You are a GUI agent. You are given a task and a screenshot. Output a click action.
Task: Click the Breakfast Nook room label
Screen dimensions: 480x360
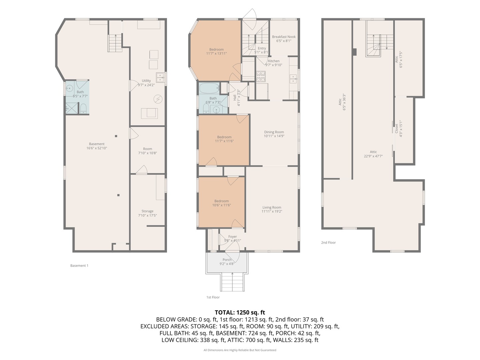[x=284, y=37]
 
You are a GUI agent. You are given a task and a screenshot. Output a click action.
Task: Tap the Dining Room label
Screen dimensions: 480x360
[x=274, y=132]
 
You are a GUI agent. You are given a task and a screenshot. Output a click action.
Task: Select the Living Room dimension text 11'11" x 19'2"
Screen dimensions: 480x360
[x=272, y=211]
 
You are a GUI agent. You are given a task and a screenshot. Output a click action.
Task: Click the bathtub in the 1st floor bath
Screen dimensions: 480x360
[x=209, y=88]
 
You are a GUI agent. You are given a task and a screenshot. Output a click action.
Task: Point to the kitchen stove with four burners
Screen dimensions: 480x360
[x=261, y=76]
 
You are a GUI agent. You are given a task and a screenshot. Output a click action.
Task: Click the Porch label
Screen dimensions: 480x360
[x=227, y=260]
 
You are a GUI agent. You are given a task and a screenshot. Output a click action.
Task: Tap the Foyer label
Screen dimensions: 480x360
[x=232, y=237]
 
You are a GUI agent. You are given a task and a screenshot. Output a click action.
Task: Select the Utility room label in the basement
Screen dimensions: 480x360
[x=146, y=81]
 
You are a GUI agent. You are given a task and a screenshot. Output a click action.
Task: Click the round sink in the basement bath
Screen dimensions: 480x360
[x=69, y=88]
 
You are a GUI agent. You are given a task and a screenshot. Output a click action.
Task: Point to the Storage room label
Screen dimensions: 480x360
[x=147, y=211]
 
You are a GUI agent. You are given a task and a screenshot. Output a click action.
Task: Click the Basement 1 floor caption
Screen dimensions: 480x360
[x=79, y=266]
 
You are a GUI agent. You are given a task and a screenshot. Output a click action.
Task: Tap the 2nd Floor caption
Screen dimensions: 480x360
[x=328, y=242]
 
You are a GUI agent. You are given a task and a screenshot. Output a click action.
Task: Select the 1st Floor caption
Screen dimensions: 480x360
[x=213, y=297]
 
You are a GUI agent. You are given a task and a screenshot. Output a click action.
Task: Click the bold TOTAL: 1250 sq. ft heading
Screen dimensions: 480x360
[x=240, y=312]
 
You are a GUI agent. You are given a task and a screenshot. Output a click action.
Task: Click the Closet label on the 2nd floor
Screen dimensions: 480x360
[x=396, y=129]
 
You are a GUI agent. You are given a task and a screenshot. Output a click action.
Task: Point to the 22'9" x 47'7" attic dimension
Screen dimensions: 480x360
[x=373, y=156]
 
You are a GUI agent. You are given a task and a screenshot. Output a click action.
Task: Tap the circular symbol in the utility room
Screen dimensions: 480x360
[x=158, y=99]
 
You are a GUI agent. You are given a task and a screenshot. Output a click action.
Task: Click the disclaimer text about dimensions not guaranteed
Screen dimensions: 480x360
[x=240, y=350]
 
